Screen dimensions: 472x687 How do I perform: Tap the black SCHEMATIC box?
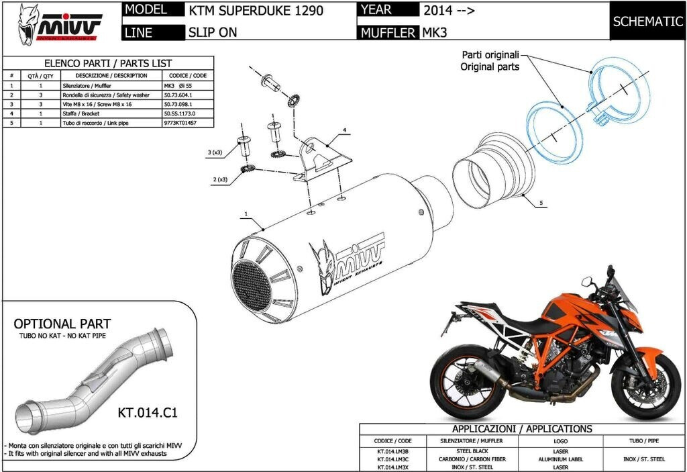(x=647, y=21)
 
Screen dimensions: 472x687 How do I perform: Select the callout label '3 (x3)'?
(x=215, y=153)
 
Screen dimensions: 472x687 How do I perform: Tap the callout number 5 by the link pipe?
(x=539, y=201)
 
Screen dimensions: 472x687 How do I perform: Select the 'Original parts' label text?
(x=489, y=66)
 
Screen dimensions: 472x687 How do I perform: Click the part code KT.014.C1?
(x=147, y=412)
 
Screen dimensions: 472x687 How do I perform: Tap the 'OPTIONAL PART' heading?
(x=62, y=324)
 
